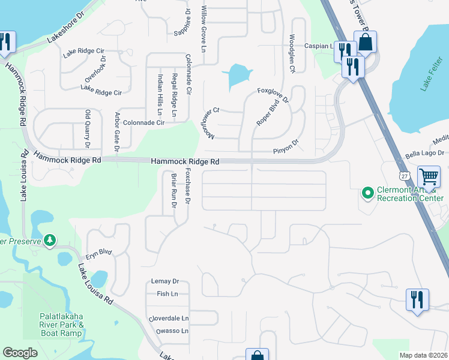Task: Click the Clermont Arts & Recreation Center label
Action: (410, 194)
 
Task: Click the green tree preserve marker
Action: (50, 241)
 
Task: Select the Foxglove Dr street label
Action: (273, 95)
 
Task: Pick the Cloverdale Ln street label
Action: (169, 319)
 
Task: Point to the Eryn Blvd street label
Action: (98, 253)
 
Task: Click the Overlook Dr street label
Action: (95, 70)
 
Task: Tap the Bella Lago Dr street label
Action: (424, 154)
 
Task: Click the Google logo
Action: (20, 353)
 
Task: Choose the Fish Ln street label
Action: (167, 294)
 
